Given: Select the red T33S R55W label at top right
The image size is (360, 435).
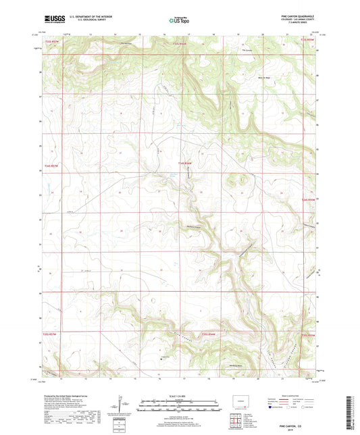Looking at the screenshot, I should point(307,41).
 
